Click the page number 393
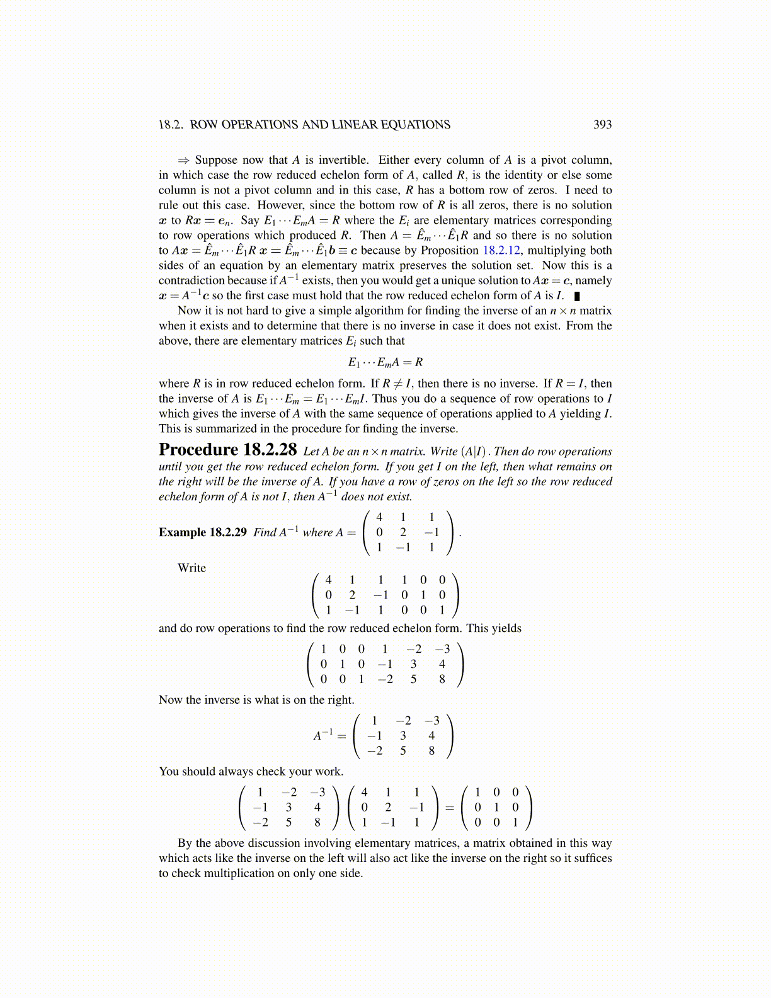tap(602, 125)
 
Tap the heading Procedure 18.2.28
tap(227, 450)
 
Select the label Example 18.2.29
tap(202, 532)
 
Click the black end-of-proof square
tap(577, 296)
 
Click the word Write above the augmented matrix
tap(191, 568)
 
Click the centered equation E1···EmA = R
tap(385, 362)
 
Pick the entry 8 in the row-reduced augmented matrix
tap(442, 679)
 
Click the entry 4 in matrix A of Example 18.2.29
tap(379, 517)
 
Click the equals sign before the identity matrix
tap(450, 807)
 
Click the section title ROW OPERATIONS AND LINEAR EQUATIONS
tap(320, 125)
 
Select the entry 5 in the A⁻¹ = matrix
tap(403, 750)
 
